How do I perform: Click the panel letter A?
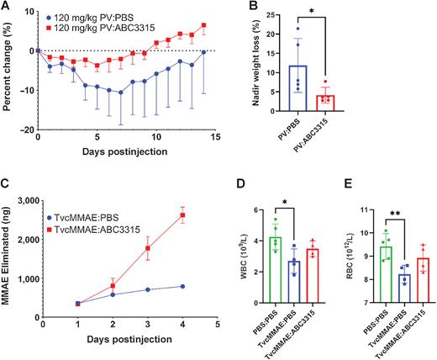point(6,8)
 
